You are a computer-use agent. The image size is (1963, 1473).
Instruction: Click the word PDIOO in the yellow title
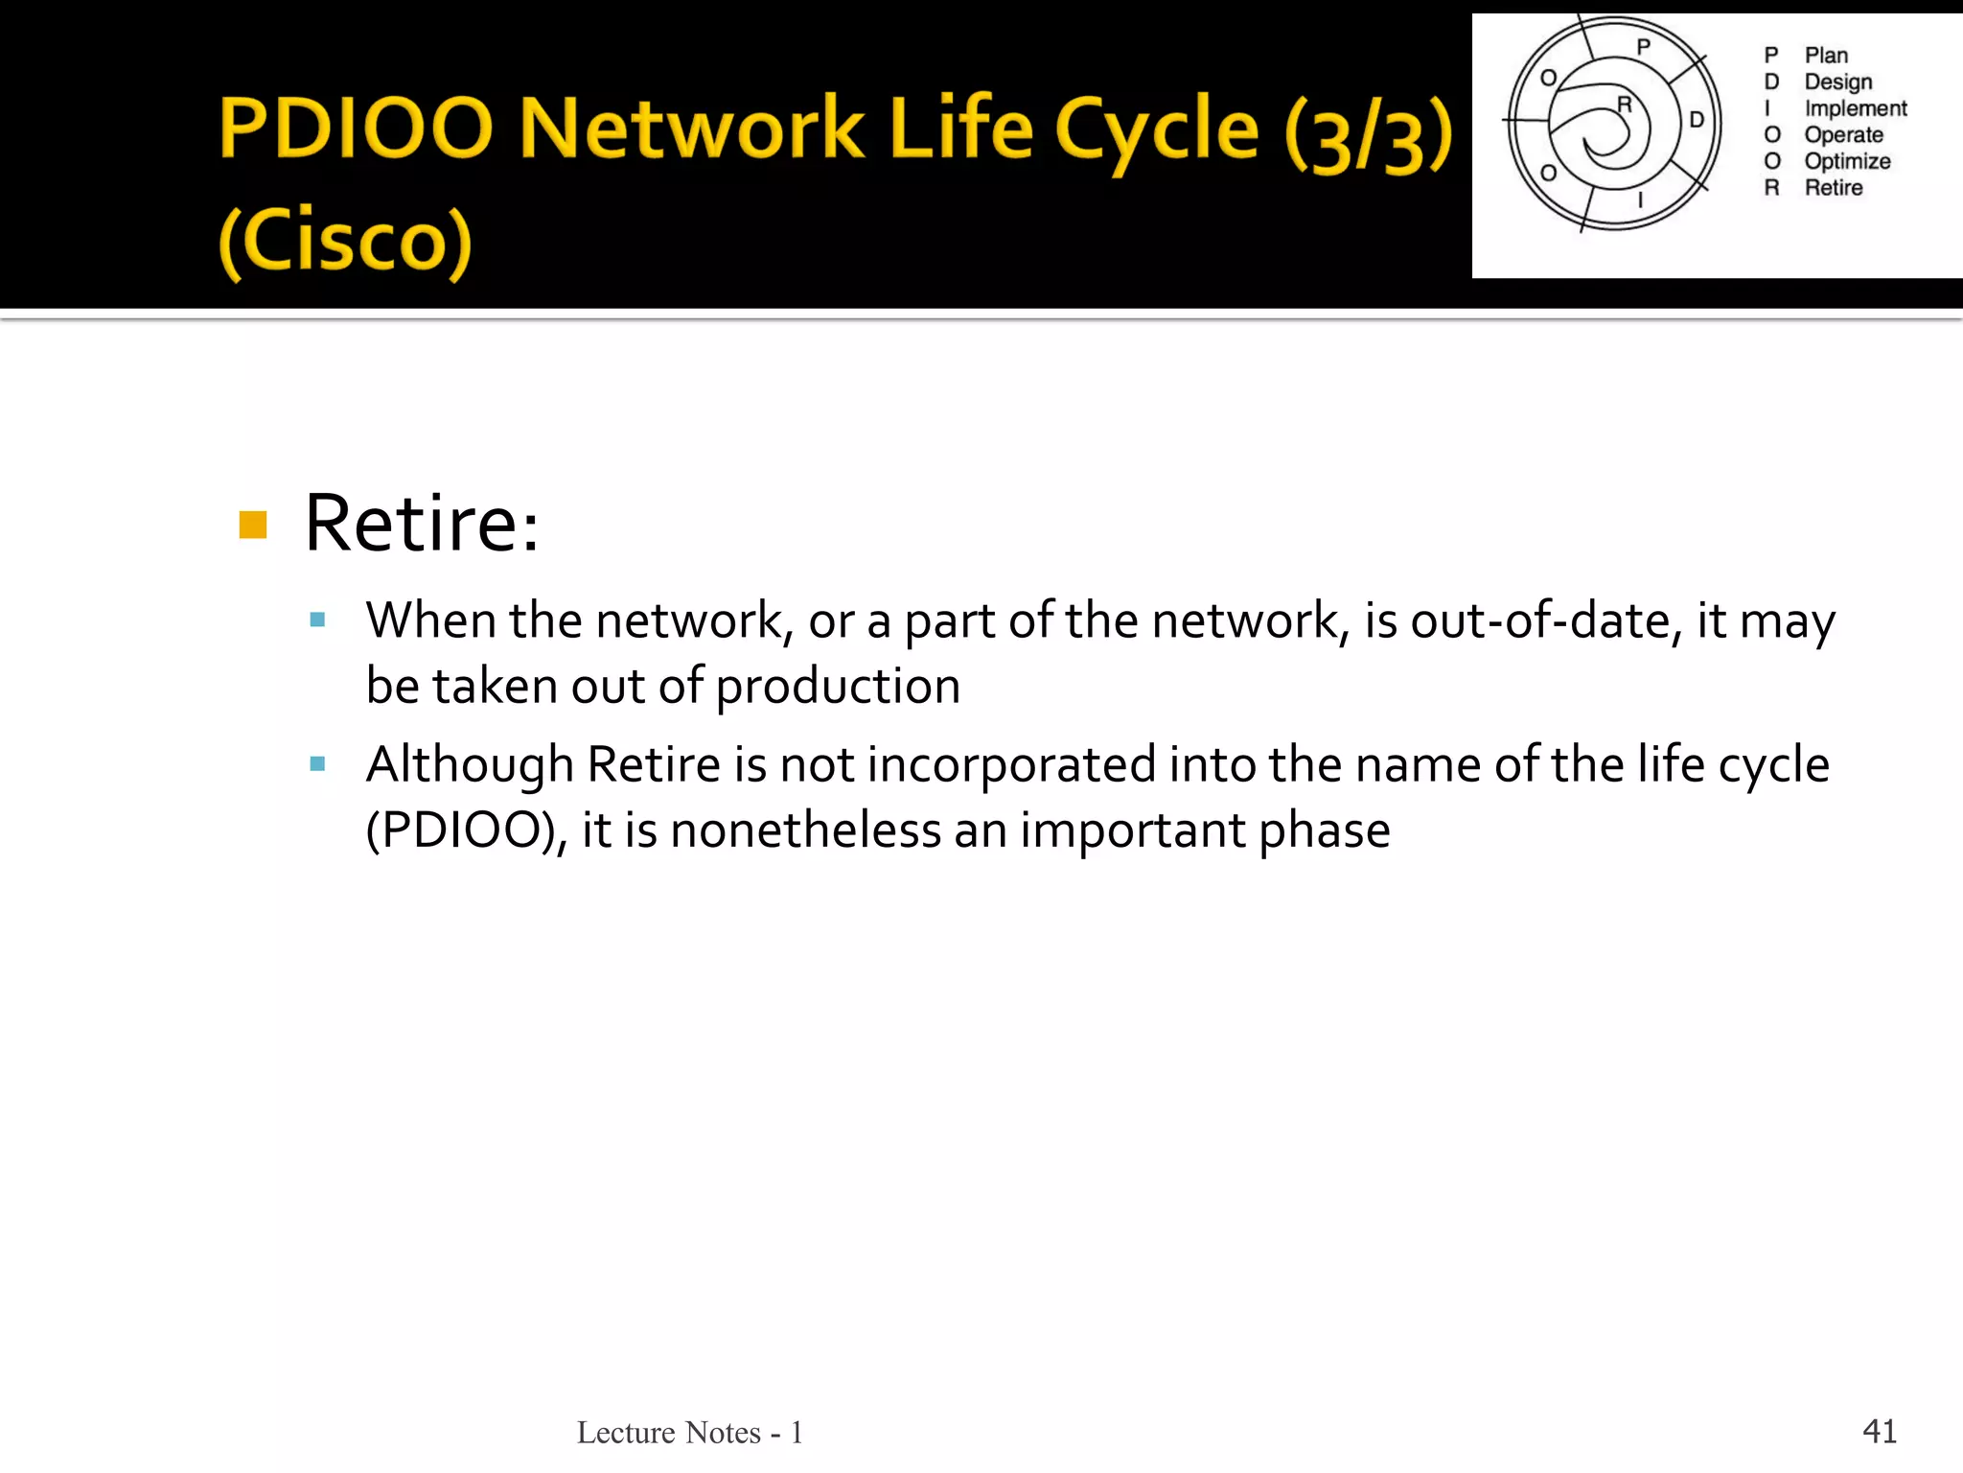click(356, 129)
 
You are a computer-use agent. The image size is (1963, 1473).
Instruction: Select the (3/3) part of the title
click(1369, 134)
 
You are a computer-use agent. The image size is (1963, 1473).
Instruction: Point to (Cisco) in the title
click(346, 242)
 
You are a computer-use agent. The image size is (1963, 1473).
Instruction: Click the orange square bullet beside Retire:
click(253, 525)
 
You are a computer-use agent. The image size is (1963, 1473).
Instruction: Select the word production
click(838, 687)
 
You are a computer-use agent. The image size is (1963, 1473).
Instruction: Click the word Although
click(470, 765)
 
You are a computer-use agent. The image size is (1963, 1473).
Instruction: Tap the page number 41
click(1879, 1431)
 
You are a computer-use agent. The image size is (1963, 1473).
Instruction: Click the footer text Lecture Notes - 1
click(689, 1433)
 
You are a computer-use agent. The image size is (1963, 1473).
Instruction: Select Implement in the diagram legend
click(1855, 108)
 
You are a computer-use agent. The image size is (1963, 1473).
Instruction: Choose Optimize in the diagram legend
click(1847, 161)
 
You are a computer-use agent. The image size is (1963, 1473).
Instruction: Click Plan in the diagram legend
click(1826, 56)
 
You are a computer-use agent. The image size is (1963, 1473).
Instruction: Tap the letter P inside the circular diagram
click(1643, 46)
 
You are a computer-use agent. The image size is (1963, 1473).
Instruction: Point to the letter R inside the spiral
click(1624, 104)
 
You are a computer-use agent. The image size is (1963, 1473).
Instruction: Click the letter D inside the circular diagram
click(1696, 120)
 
